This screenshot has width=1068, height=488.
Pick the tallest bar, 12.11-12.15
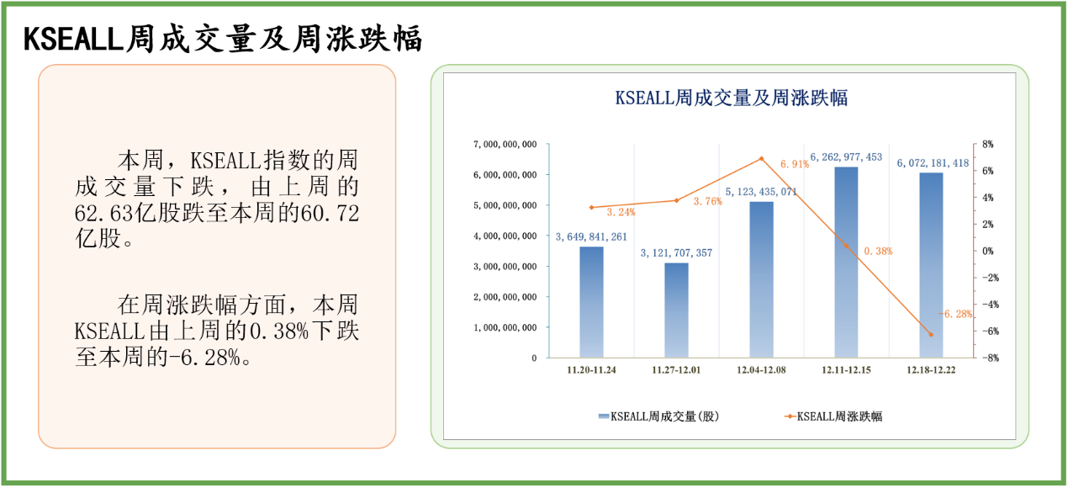pyautogui.click(x=846, y=262)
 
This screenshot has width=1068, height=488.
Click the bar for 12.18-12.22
pyautogui.click(x=931, y=264)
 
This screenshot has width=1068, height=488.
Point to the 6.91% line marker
pyautogui.click(x=761, y=158)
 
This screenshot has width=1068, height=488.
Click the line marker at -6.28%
pyautogui.click(x=931, y=334)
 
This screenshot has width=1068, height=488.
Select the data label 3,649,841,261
pyautogui.click(x=591, y=236)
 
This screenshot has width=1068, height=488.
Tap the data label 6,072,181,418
pyautogui.click(x=933, y=163)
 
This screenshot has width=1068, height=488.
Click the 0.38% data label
pyautogui.click(x=877, y=251)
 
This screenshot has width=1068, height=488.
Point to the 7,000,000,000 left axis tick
pyautogui.click(x=505, y=145)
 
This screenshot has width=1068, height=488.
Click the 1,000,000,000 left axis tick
pyautogui.click(x=505, y=327)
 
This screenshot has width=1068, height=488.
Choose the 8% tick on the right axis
pyautogui.click(x=987, y=145)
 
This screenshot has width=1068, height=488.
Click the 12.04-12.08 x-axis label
pyautogui.click(x=761, y=370)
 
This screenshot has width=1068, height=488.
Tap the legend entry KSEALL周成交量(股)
pyautogui.click(x=659, y=416)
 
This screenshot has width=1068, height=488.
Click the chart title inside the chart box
pyautogui.click(x=731, y=98)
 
